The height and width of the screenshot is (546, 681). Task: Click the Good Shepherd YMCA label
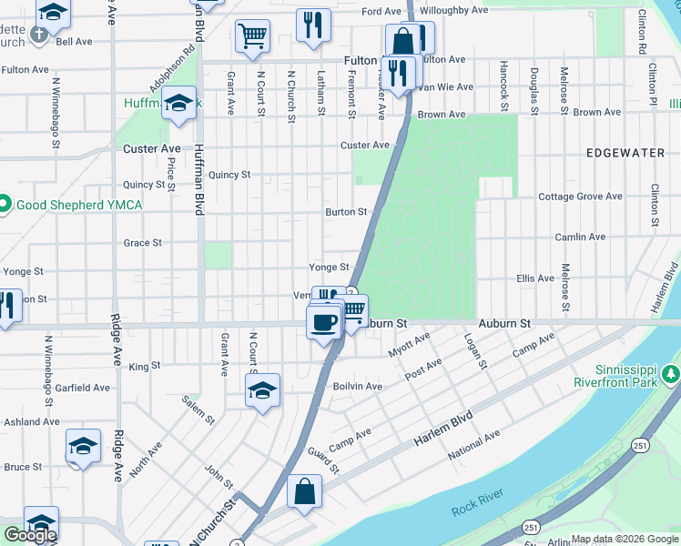point(78,205)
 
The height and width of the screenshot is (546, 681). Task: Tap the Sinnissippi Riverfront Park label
point(614,376)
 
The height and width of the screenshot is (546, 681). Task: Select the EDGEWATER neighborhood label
point(625,153)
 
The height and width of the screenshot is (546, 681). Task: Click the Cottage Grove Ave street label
point(580,197)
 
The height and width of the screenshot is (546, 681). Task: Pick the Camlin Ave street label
point(580,238)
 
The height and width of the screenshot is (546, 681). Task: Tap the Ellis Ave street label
point(535,278)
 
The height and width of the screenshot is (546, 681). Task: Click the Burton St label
point(346,212)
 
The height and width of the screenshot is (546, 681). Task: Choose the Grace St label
point(142,243)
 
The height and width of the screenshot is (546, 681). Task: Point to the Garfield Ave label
point(82,388)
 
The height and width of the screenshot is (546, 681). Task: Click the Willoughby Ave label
point(454,11)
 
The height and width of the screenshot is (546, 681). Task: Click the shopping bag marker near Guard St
point(304,491)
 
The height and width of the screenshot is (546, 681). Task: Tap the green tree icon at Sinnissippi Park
point(671,374)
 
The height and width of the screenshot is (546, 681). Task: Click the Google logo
point(30,535)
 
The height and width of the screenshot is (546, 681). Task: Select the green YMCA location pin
point(4,204)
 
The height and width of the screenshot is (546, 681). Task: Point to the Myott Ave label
point(409,345)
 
